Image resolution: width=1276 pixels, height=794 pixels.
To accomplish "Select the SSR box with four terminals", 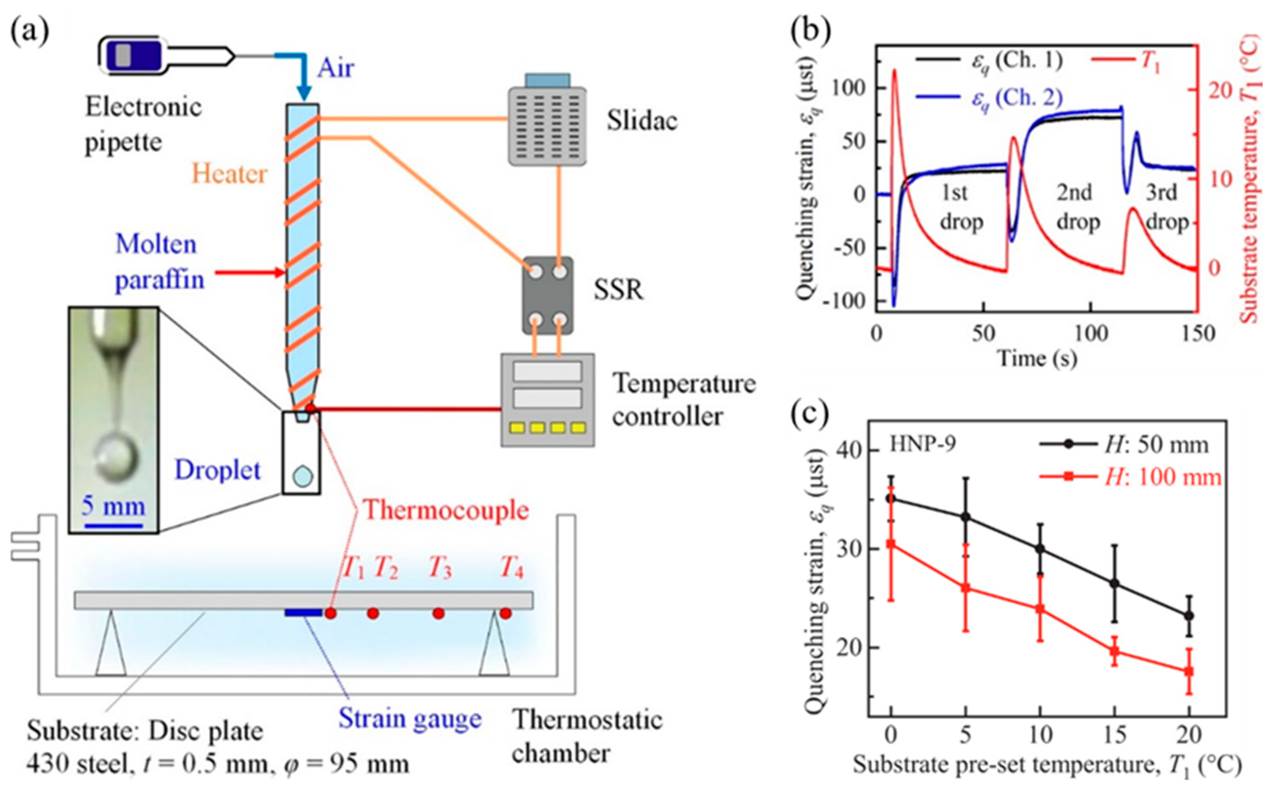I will coord(548,296).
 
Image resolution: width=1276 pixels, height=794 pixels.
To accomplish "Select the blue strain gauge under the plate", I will coord(303,612).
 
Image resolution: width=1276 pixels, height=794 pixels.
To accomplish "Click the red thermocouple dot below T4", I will coord(505,613).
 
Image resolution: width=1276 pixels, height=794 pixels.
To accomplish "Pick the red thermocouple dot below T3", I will coord(438,613).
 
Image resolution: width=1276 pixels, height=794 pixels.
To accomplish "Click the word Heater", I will coord(229,174).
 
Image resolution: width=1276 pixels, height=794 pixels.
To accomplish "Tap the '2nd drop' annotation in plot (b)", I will coord(1076,208).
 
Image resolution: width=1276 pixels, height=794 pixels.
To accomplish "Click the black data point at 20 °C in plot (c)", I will coord(1189,616).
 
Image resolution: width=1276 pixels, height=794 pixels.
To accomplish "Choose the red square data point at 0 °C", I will coord(891,544).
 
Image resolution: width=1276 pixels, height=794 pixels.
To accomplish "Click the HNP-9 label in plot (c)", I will coord(922,444).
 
